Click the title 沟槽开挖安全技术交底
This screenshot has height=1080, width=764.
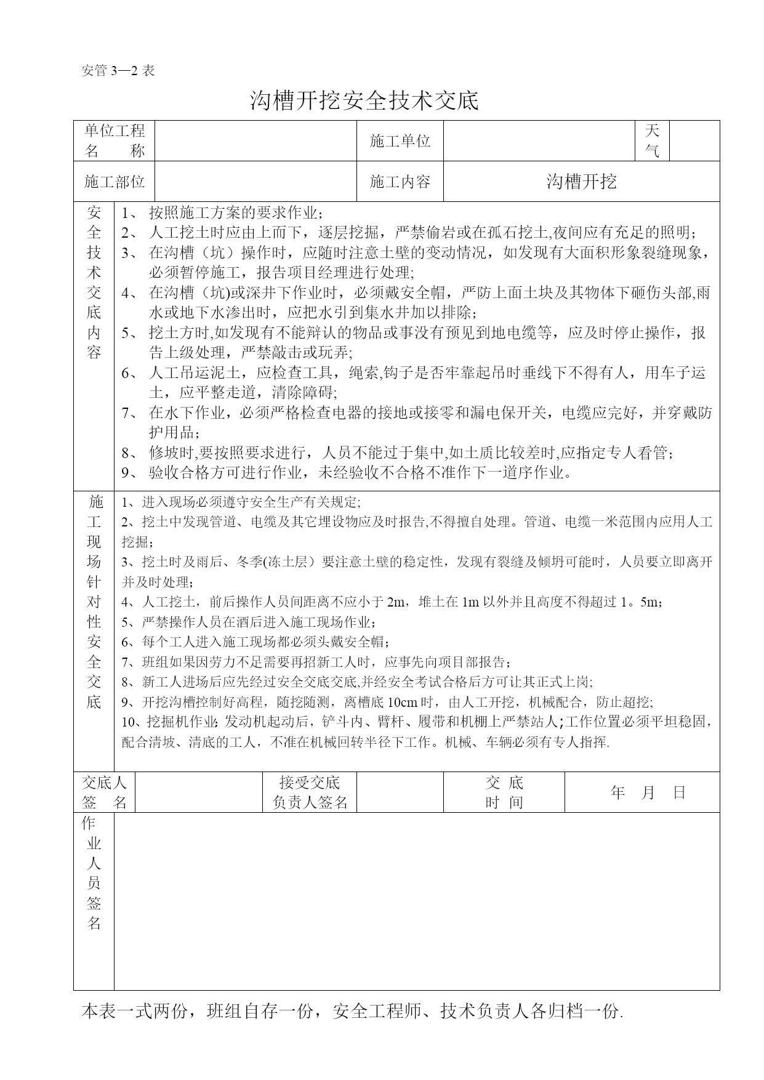(364, 100)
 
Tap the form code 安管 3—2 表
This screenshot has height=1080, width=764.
(118, 70)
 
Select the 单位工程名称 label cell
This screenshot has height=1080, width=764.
(114, 141)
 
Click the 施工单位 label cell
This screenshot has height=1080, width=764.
(400, 141)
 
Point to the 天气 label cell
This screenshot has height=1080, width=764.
(652, 141)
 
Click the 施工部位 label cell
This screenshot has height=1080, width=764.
(114, 182)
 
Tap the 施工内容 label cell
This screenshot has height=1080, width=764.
(400, 182)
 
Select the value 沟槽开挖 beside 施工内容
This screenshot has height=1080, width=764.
(581, 182)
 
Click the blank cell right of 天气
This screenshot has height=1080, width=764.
(694, 141)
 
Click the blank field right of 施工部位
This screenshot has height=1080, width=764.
(255, 182)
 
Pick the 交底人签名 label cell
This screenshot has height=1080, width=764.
(104, 792)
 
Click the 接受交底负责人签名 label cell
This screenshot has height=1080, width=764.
(310, 792)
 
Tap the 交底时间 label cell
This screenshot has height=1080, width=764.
(504, 792)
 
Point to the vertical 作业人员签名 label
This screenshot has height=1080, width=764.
(94, 873)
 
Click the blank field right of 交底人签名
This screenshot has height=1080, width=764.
(199, 792)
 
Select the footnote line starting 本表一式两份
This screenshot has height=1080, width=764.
(352, 1012)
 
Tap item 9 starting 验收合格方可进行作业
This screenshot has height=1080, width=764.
(360, 473)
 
